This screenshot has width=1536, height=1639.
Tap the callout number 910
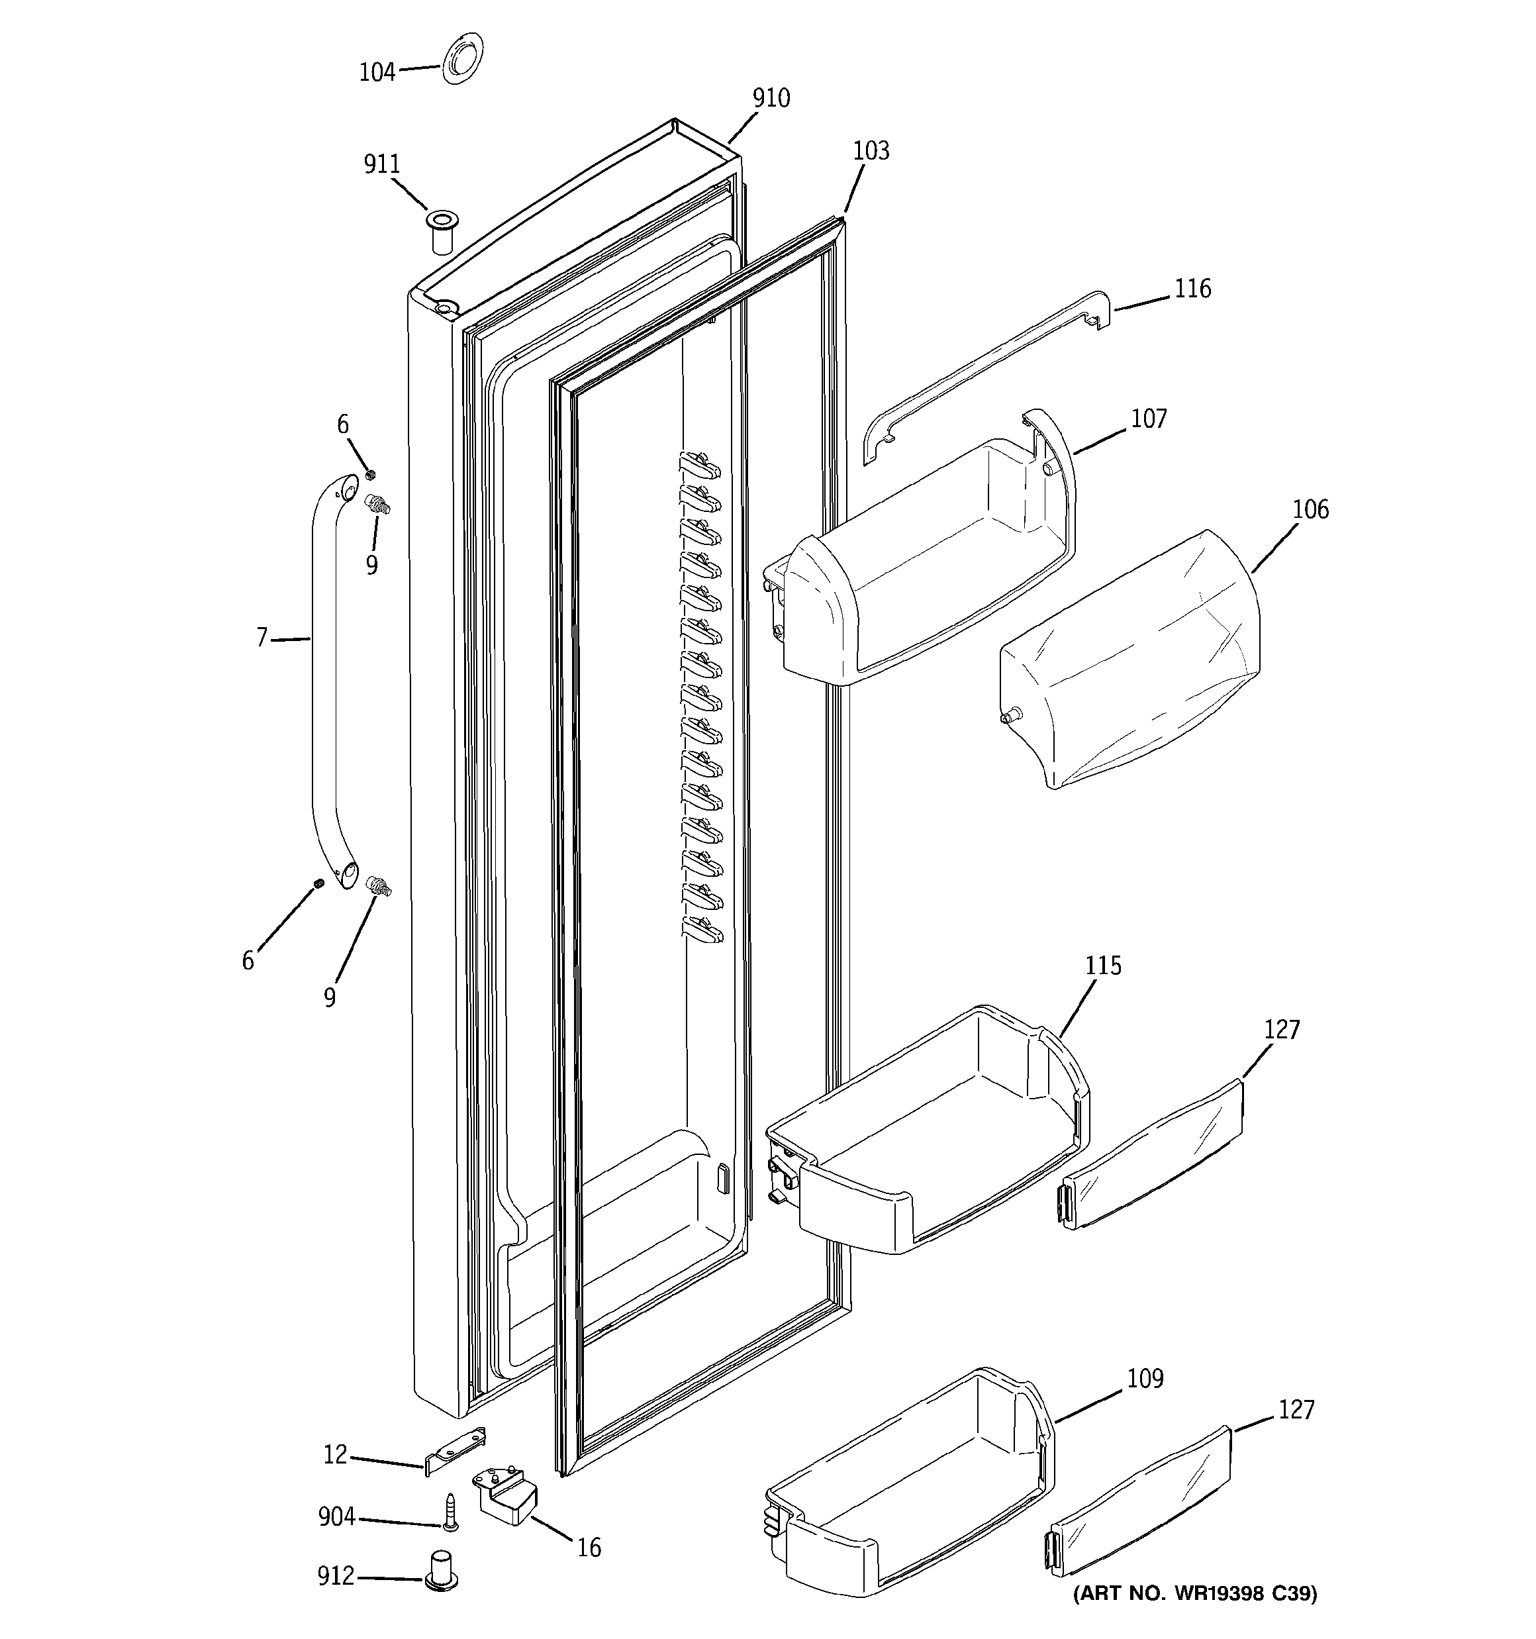(x=771, y=98)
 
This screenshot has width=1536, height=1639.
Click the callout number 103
(x=871, y=151)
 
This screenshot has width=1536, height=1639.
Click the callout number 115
(x=1103, y=966)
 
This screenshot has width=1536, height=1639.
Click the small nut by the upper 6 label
(x=370, y=475)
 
